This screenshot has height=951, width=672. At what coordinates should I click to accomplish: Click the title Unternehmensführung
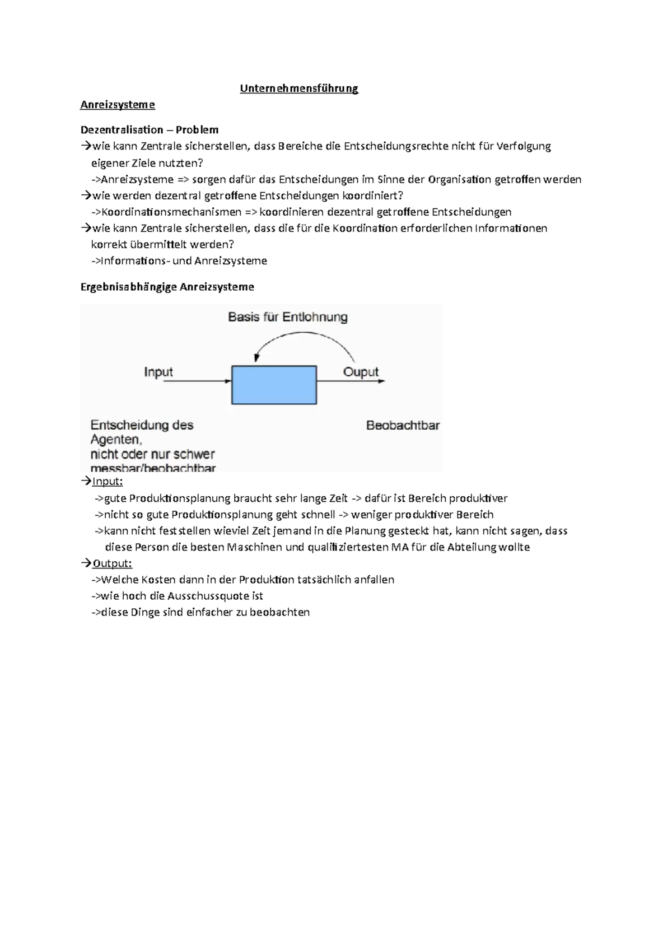[x=299, y=88]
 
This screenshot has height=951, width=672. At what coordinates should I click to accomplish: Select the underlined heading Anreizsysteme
[x=118, y=105]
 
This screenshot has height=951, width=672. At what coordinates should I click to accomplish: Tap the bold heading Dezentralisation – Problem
[x=150, y=130]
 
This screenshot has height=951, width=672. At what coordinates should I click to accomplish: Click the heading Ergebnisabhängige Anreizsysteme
[x=167, y=287]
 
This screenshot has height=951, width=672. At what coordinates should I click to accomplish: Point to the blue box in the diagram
[x=274, y=385]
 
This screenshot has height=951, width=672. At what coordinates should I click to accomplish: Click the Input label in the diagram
[x=158, y=372]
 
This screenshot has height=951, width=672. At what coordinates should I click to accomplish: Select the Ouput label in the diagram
[x=361, y=372]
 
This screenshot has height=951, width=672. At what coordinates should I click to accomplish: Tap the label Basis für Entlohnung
[x=288, y=317]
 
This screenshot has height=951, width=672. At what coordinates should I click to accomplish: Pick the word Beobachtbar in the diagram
[x=403, y=426]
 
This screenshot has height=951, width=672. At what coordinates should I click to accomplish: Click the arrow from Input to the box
[x=196, y=381]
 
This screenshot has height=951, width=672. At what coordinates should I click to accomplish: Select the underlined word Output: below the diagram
[x=112, y=563]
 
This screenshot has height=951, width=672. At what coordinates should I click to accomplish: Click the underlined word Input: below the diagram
[x=107, y=482]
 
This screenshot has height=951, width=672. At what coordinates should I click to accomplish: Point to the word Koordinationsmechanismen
[x=171, y=212]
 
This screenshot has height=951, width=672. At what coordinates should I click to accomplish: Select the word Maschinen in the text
[x=254, y=547]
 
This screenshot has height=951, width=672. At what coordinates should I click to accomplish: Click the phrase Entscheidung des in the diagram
[x=142, y=425]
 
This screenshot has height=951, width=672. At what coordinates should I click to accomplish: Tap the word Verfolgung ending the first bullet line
[x=524, y=146]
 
